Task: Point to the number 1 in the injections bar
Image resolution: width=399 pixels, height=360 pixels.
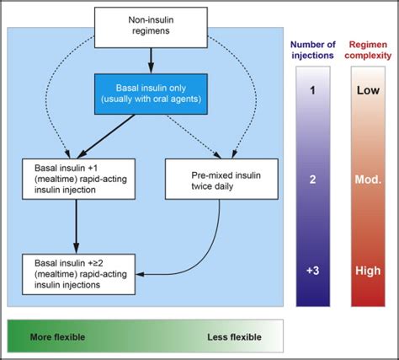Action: coord(312,89)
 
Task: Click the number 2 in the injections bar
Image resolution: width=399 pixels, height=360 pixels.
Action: coord(312,180)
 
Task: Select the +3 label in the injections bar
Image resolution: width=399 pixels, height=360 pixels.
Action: coord(312,271)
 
